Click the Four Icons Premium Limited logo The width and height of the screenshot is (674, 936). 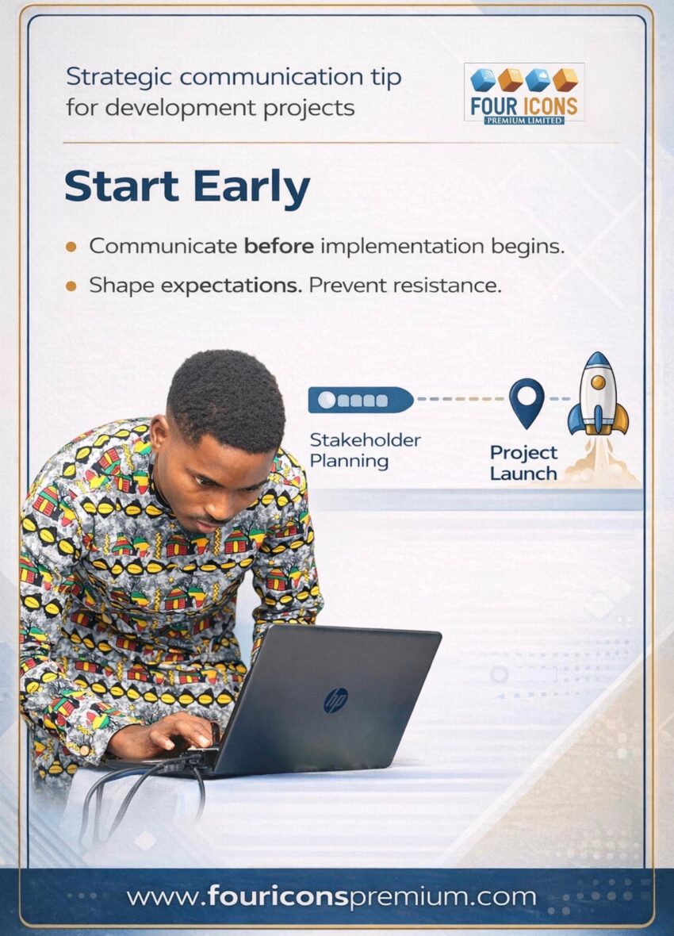(x=524, y=93)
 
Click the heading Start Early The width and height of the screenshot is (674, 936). (x=187, y=186)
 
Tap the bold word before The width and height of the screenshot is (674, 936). (x=279, y=246)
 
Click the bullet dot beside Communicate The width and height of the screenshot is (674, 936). (x=71, y=247)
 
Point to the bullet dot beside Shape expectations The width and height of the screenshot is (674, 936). (x=71, y=286)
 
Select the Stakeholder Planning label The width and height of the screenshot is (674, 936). (x=365, y=451)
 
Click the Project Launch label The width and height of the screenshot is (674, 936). (x=523, y=463)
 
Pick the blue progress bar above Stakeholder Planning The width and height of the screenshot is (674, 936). (x=361, y=400)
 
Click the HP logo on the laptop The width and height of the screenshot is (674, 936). (x=335, y=700)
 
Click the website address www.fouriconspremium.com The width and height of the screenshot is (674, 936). (x=331, y=896)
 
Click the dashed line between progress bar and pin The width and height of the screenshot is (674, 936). (x=461, y=399)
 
